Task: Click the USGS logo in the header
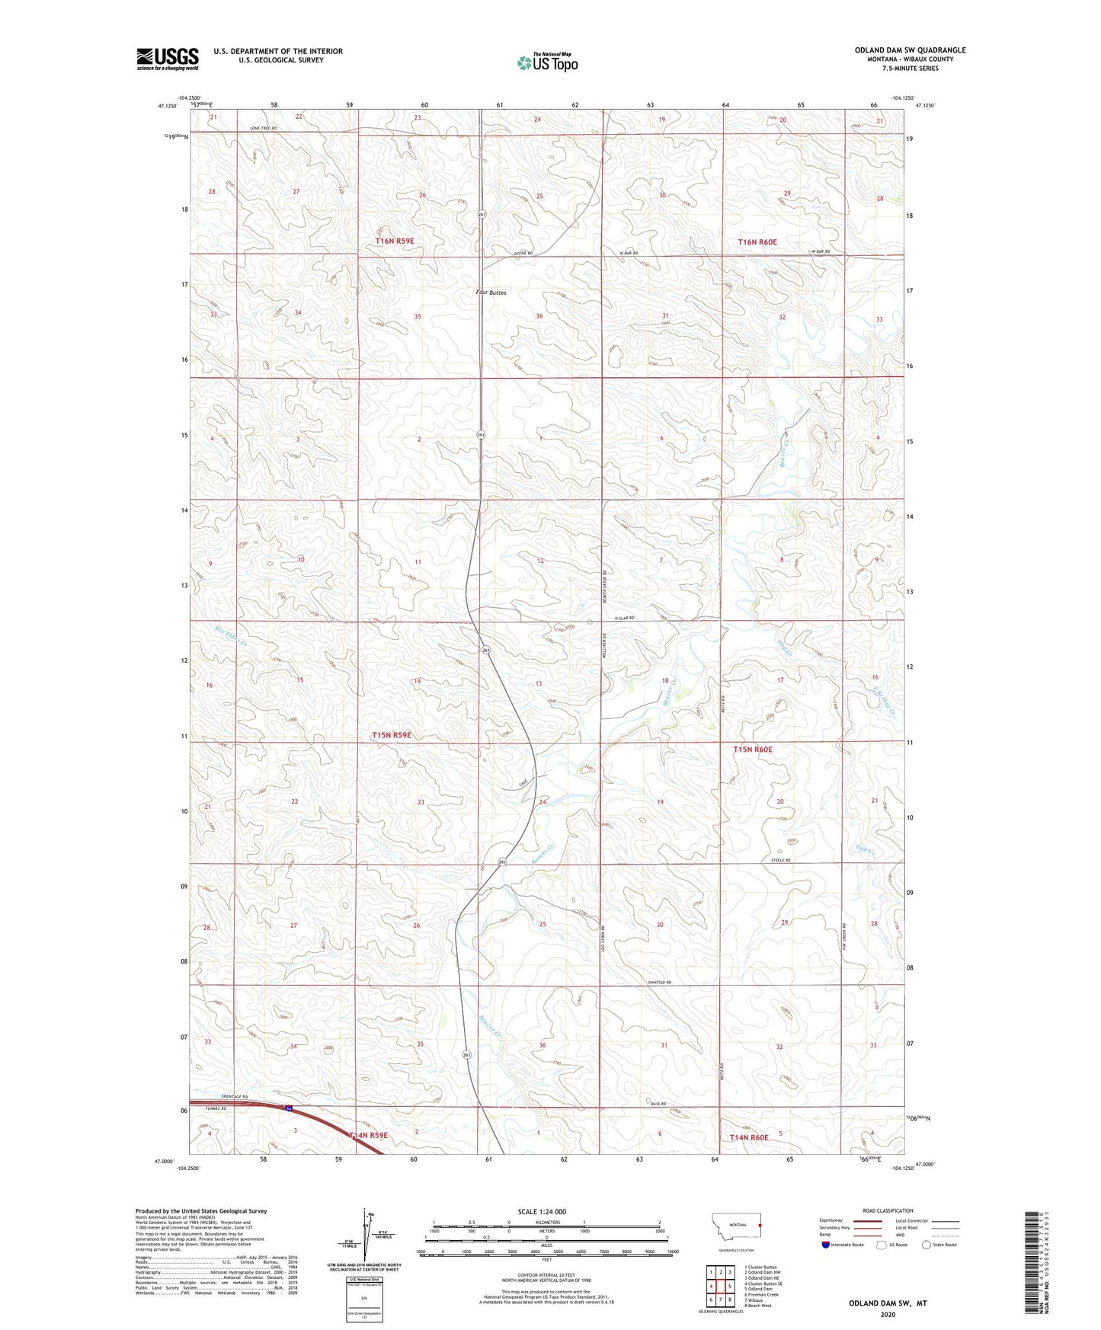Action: [168, 59]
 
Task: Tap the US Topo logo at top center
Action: [546, 62]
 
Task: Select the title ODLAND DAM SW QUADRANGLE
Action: [910, 50]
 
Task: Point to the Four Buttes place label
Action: [491, 293]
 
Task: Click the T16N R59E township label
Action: [395, 241]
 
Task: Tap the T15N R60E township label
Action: [753, 750]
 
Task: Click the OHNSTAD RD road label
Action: [659, 983]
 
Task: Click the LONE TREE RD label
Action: [263, 128]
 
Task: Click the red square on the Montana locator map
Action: [760, 1225]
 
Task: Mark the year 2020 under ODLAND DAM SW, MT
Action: [887, 1314]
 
